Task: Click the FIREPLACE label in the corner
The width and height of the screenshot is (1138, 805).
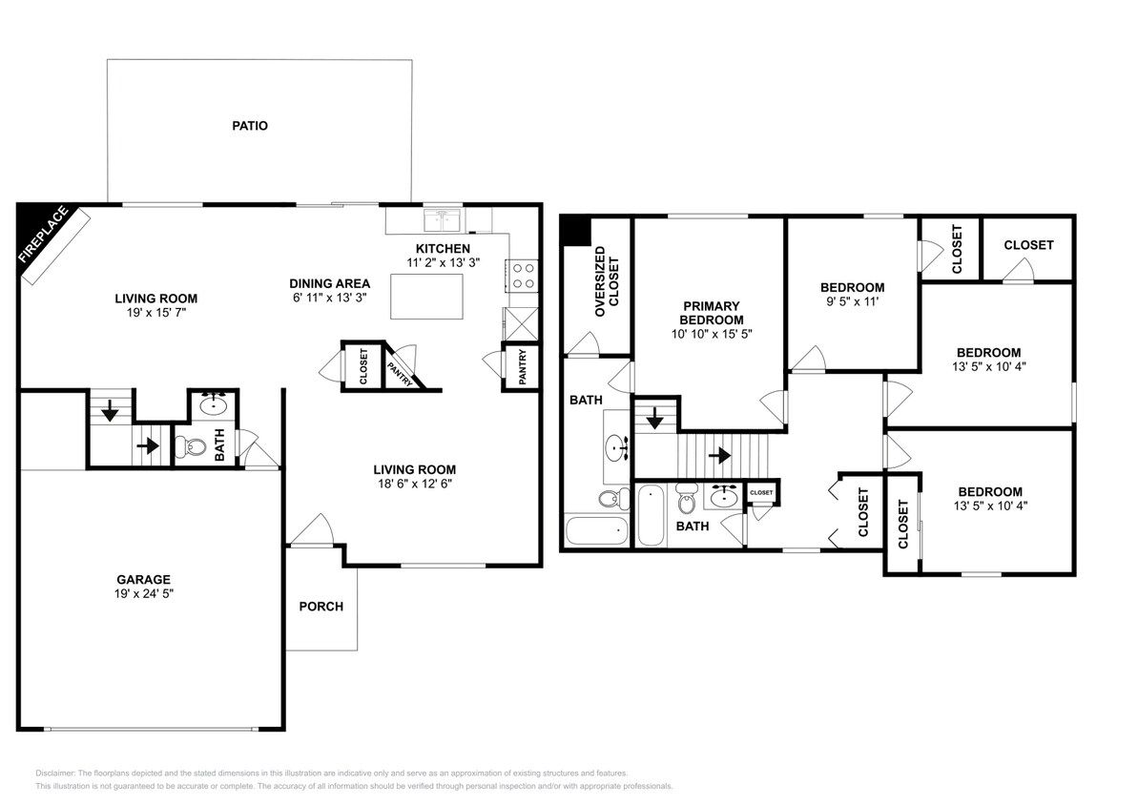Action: pyautogui.click(x=45, y=235)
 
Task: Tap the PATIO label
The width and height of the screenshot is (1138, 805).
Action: pyautogui.click(x=250, y=125)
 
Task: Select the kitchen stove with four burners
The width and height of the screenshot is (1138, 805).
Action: pyautogui.click(x=523, y=276)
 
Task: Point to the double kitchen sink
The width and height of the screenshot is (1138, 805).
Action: pyautogui.click(x=444, y=220)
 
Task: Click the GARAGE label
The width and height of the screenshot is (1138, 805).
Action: pyautogui.click(x=144, y=579)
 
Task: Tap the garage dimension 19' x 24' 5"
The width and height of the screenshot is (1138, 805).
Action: pyautogui.click(x=144, y=593)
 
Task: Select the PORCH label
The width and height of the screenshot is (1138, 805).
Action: pyautogui.click(x=321, y=607)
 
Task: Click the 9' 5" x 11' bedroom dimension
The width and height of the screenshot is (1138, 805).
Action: pyautogui.click(x=853, y=302)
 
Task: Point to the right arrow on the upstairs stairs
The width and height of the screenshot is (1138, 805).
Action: pyautogui.click(x=721, y=456)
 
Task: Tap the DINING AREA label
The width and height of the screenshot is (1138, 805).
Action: pyautogui.click(x=330, y=283)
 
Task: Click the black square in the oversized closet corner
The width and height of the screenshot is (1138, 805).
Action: pyautogui.click(x=574, y=231)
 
